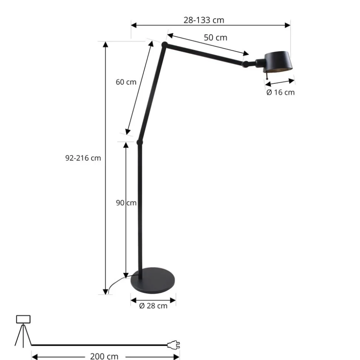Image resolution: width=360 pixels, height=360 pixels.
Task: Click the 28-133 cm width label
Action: [x=204, y=20]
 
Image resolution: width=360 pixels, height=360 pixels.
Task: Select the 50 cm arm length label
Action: [x=215, y=37]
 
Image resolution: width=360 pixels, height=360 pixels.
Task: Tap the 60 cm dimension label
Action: [x=126, y=82]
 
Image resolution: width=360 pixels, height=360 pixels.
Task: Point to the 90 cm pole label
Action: [x=126, y=203]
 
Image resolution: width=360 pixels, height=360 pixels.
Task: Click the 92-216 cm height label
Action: [x=83, y=158]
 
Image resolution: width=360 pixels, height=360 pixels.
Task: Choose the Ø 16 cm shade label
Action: [x=280, y=92]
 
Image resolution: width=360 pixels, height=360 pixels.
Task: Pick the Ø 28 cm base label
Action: [x=153, y=306]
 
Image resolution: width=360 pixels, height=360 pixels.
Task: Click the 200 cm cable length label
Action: [x=104, y=356]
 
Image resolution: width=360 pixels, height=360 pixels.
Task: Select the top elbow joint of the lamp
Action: [x=164, y=45]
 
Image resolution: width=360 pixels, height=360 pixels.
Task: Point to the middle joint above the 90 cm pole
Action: [x=140, y=142]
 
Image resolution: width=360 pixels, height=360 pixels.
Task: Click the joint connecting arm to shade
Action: [x=246, y=64]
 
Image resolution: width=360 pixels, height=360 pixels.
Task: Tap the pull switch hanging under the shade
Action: [x=266, y=76]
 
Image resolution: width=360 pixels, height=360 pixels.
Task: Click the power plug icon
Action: [x=173, y=345]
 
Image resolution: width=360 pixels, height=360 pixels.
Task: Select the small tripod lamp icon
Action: [x=23, y=330]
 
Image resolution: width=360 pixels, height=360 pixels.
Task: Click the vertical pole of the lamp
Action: [x=140, y=208]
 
